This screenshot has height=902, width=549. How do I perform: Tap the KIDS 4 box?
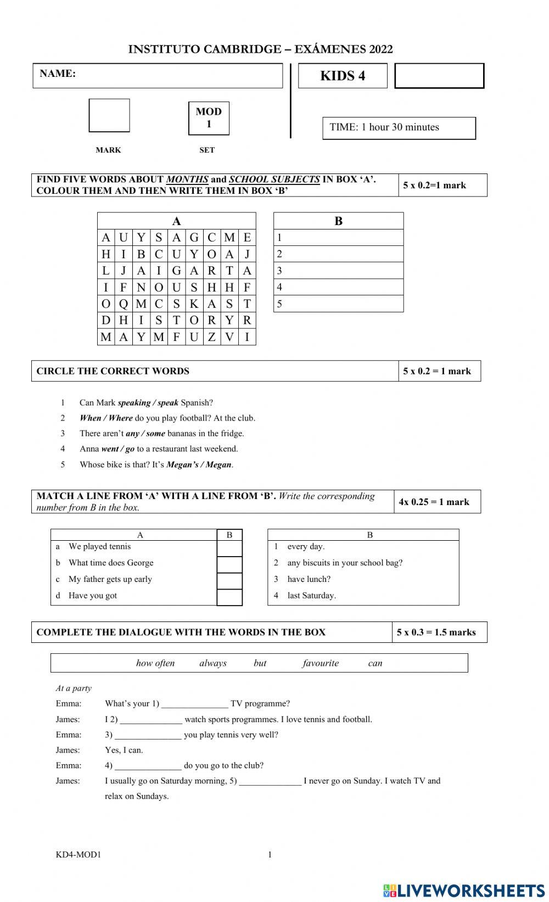point(343,76)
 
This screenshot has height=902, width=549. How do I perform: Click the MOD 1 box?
point(209,117)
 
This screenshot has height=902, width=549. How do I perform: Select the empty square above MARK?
point(109,115)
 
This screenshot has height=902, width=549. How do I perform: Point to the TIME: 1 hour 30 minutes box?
point(399,127)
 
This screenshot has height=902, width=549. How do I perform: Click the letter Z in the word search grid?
point(211,337)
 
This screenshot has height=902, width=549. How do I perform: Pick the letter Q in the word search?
point(124,304)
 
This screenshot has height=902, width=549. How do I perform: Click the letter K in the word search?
point(194,304)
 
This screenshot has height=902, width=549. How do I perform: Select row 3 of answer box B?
point(338,271)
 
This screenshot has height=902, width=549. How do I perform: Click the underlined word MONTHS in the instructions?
point(187,179)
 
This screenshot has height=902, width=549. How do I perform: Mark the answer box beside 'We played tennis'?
point(229,548)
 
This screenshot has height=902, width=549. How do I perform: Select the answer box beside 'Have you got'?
point(229,597)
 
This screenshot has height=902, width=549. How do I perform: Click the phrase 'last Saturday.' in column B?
point(311,595)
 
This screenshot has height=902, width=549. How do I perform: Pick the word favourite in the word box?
point(321,663)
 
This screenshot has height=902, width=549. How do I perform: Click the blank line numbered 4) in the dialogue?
point(148,765)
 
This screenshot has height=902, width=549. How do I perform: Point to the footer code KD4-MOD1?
point(79,854)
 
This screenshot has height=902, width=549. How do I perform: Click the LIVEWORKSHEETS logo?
point(464,890)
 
